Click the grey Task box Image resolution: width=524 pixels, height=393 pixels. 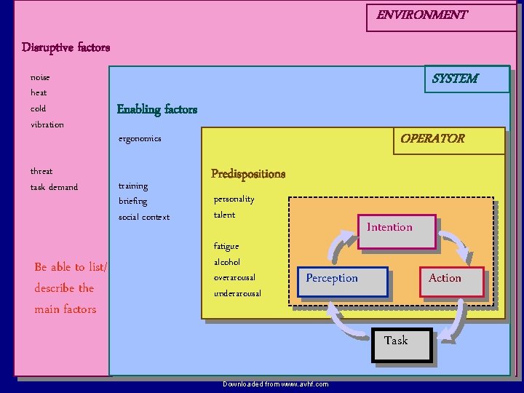tap(401, 344)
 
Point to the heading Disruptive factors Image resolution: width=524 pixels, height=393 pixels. tap(66, 47)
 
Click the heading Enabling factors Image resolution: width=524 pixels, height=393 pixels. tap(157, 109)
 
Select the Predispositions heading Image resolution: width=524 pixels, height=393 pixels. tap(248, 173)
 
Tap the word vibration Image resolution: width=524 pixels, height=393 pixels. tap(47, 124)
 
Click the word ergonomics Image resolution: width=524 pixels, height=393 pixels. tap(140, 138)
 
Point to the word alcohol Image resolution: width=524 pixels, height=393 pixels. tap(227, 262)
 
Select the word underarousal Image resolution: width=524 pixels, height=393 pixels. tap(237, 293)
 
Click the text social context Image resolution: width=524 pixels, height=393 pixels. tap(144, 217)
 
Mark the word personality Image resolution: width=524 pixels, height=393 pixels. tap(234, 199)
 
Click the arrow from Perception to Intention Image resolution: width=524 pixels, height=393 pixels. tap(340, 246)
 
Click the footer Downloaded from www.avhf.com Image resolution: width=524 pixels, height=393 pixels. tap(275, 384)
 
